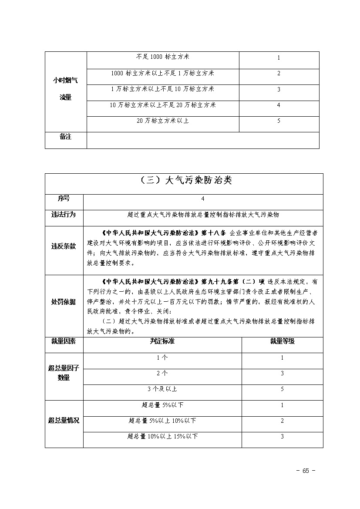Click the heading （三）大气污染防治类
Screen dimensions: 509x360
pyautogui.click(x=184, y=181)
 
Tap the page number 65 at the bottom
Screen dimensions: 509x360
pyautogui.click(x=305, y=471)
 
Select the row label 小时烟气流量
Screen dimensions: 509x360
pyautogui.click(x=65, y=89)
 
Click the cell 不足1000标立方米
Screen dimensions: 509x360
pyautogui.click(x=162, y=57)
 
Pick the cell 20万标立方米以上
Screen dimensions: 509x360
pyautogui.click(x=162, y=121)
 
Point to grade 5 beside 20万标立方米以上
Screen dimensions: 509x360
pyautogui.click(x=279, y=121)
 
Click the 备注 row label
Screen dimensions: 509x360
pyautogui.click(x=65, y=137)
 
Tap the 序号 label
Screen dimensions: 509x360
pyautogui.click(x=64, y=199)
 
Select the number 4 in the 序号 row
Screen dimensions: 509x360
pyautogui.click(x=203, y=199)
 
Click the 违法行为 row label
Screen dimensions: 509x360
pyautogui.click(x=64, y=215)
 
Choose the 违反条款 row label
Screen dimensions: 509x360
pyautogui.click(x=64, y=246)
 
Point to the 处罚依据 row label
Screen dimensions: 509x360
pyautogui.click(x=64, y=302)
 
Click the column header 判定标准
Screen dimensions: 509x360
pyautogui.click(x=162, y=341)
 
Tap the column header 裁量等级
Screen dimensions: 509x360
pyautogui.click(x=282, y=341)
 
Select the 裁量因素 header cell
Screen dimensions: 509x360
pyautogui.click(x=64, y=341)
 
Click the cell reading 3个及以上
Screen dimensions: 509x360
pyautogui.click(x=162, y=389)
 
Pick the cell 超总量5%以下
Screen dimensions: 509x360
pyautogui.click(x=162, y=405)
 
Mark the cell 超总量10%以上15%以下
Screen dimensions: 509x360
pyautogui.click(x=162, y=436)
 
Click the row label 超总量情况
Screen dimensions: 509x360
pyautogui.click(x=64, y=421)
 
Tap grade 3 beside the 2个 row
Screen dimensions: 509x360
pyautogui.click(x=282, y=374)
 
